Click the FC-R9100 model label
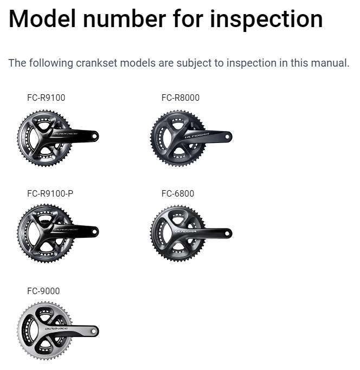coord(46,98)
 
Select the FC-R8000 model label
coord(181,98)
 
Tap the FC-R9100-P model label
coord(50,194)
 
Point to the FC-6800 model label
coord(178,194)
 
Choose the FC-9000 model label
coord(43,291)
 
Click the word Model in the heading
coord(42,18)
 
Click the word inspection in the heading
coord(266,19)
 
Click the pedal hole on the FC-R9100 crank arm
coord(94,137)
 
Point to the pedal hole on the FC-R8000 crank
coord(228,137)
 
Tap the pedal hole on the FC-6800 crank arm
coord(228,233)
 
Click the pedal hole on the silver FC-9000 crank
coord(94,332)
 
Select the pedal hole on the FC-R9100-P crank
coord(94,232)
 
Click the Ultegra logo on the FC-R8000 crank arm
coord(196,135)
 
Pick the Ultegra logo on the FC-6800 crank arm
coord(185,231)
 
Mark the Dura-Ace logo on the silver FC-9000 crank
coord(56,329)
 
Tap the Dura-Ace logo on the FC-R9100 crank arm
coord(65,134)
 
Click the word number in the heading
coord(125,18)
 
